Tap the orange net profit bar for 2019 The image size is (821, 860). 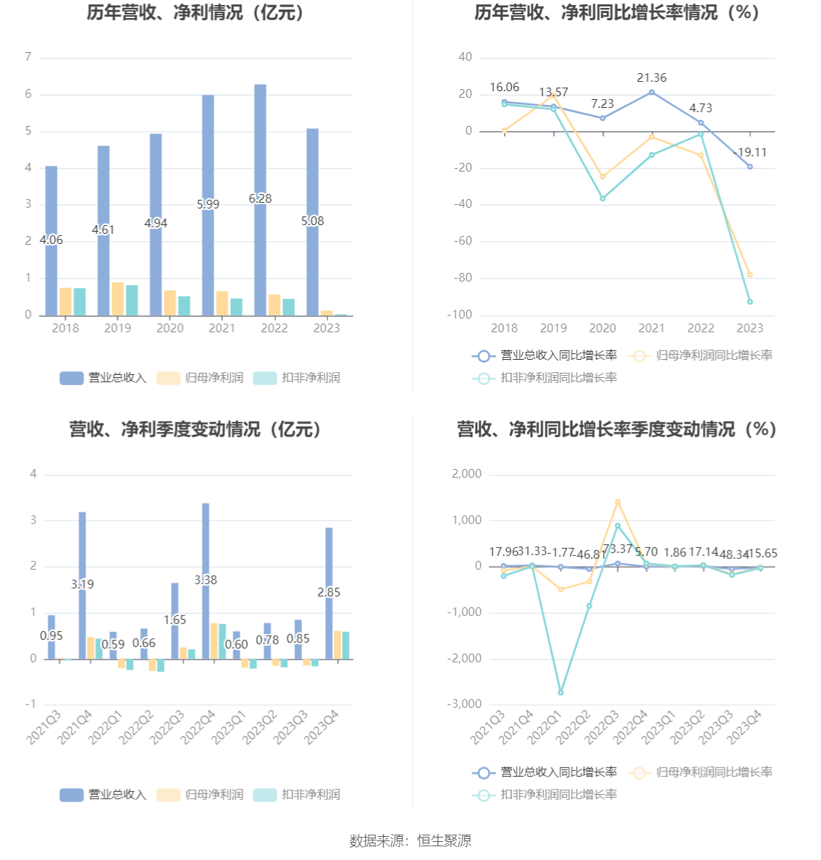[x=117, y=299]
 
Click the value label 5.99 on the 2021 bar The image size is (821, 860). [x=208, y=204]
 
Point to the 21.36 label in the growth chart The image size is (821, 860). [x=652, y=77]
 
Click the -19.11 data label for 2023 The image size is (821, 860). [x=749, y=152]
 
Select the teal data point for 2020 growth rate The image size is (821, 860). [x=602, y=198]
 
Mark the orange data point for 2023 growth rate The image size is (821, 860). [x=750, y=275]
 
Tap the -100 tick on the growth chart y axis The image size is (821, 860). [x=463, y=315]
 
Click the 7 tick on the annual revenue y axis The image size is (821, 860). [x=28, y=57]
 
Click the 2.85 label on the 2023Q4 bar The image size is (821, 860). [x=329, y=592]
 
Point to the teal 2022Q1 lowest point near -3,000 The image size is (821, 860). [x=560, y=693]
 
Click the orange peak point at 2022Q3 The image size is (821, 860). [x=618, y=502]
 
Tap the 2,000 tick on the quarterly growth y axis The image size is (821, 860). [x=466, y=474]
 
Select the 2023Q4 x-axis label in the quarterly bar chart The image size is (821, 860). [x=323, y=726]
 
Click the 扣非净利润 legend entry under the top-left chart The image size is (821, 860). [x=298, y=378]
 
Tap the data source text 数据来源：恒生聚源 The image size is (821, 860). [x=410, y=840]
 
